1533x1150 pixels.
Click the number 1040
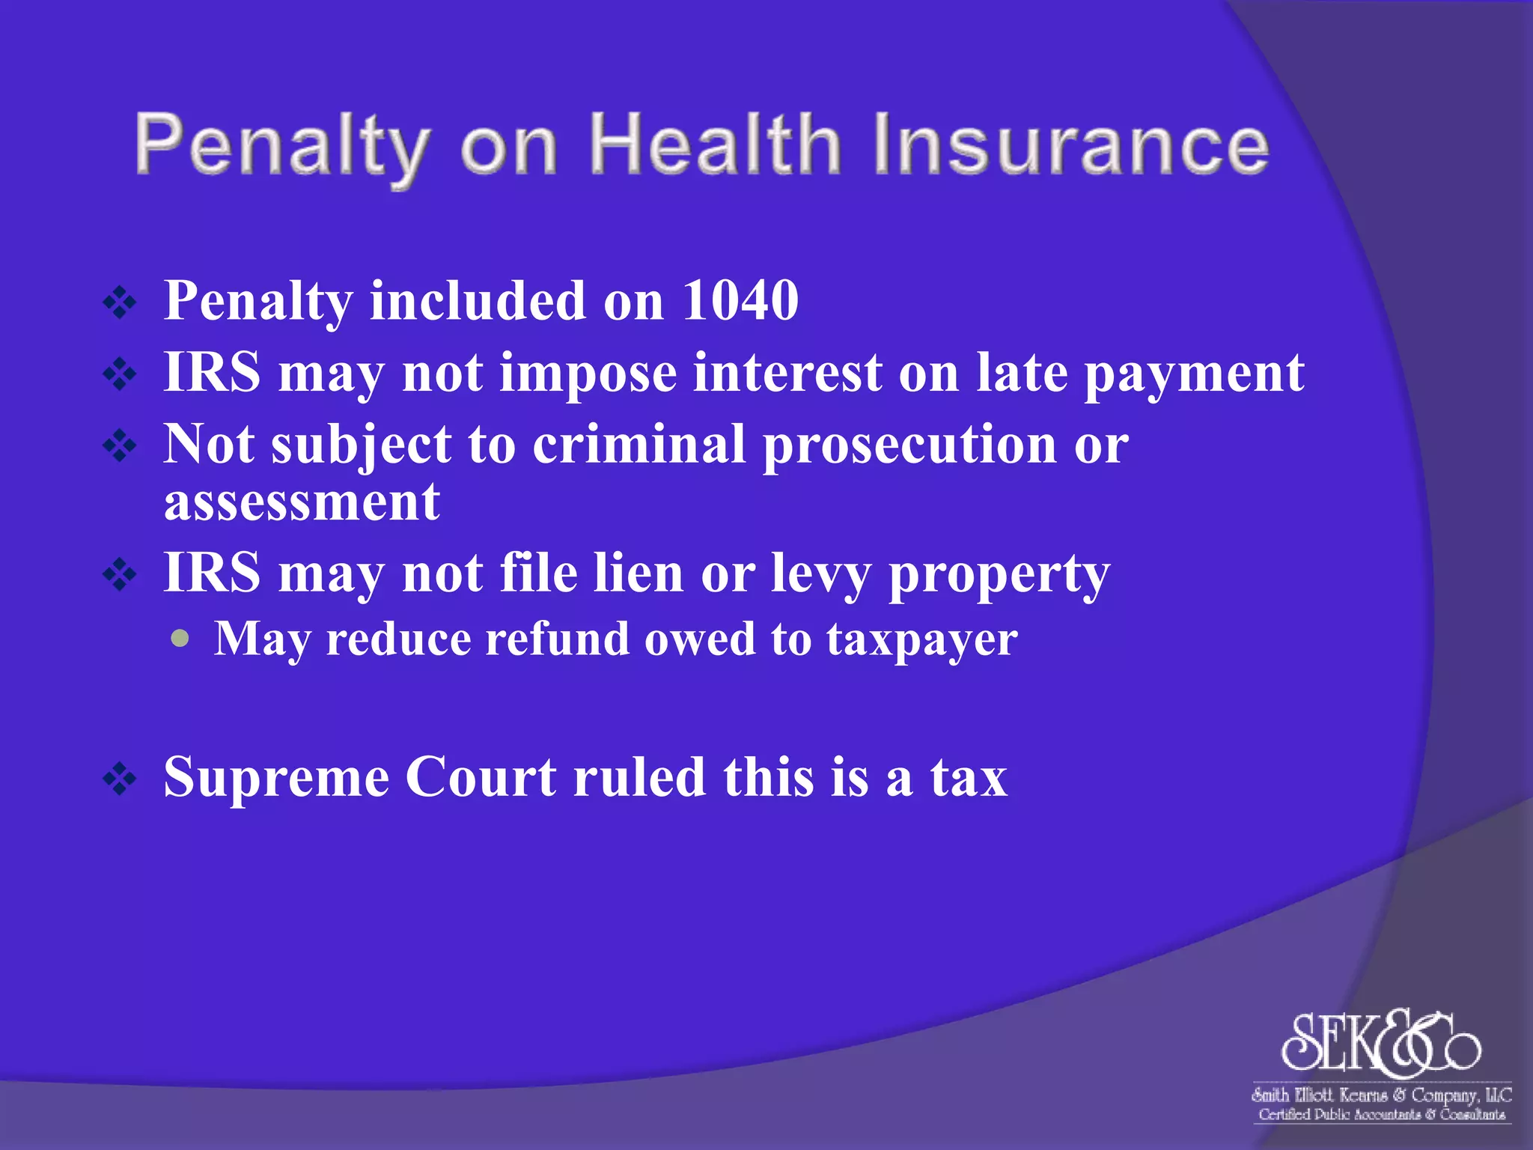point(740,300)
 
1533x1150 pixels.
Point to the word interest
point(787,372)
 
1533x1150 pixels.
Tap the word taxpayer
point(921,641)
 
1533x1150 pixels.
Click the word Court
point(481,777)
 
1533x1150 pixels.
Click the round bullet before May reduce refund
point(180,639)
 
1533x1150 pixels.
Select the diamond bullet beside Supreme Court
point(120,779)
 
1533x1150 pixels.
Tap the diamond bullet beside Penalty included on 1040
point(120,303)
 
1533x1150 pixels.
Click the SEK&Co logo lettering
point(1381,1042)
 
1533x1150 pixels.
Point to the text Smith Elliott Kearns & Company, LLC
point(1381,1095)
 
